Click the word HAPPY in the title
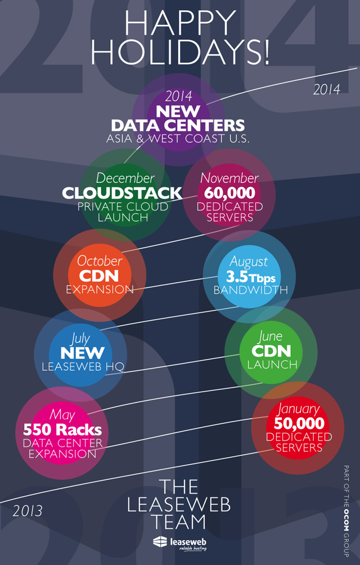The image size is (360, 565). [x=180, y=24]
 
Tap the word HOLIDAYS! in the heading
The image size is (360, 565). [x=180, y=51]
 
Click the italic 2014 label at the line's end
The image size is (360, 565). [x=327, y=89]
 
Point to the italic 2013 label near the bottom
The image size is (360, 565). [x=28, y=511]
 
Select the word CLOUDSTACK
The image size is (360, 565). [x=122, y=193]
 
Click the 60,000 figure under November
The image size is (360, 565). [x=229, y=193]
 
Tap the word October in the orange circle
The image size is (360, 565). [x=100, y=261]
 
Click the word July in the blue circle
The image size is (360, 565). [x=81, y=338]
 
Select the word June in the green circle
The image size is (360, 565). [x=271, y=337]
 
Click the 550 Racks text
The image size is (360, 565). [x=62, y=431]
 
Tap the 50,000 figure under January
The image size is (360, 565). [x=299, y=423]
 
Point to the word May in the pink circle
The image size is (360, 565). [x=62, y=415]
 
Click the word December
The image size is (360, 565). [x=125, y=178]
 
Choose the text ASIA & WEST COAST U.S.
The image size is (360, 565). [x=178, y=138]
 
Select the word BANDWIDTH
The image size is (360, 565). [x=251, y=290]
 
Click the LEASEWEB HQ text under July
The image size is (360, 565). [x=82, y=366]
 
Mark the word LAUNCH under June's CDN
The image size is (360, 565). [x=272, y=365]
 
